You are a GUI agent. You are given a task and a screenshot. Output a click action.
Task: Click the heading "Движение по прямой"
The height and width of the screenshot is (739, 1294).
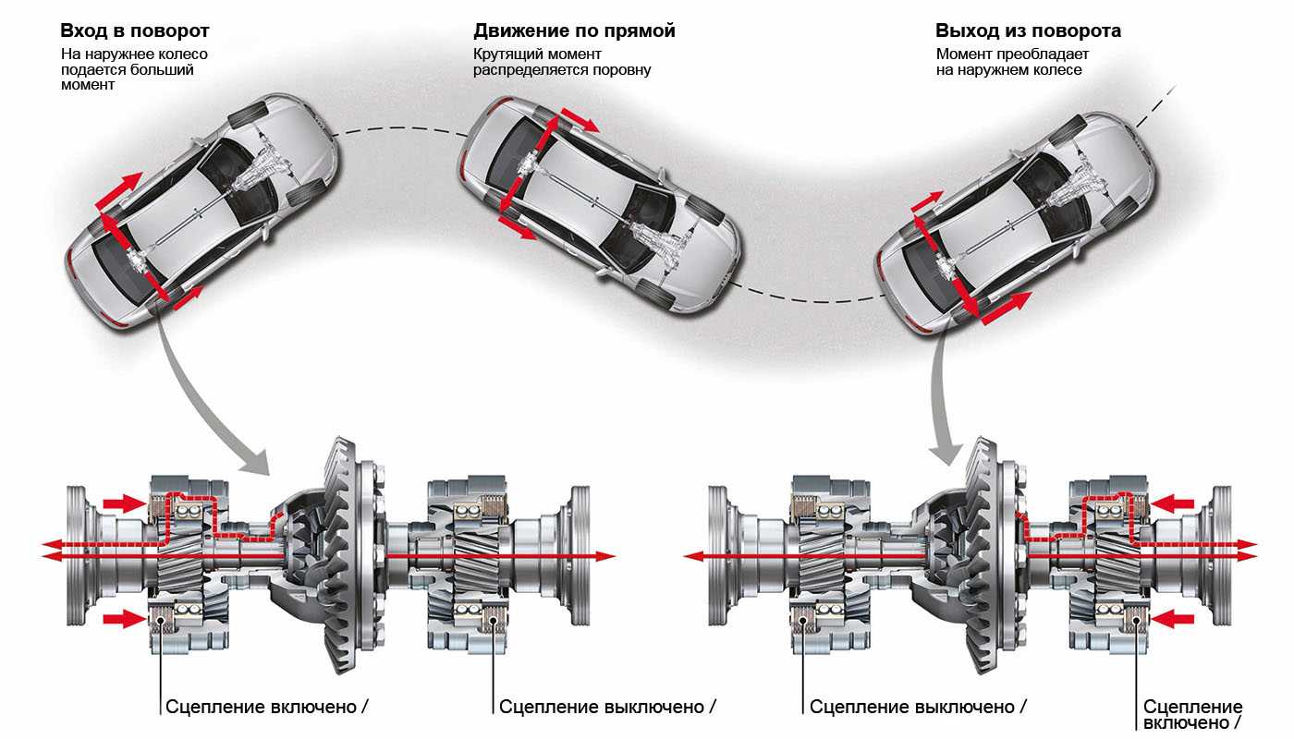[x=574, y=31]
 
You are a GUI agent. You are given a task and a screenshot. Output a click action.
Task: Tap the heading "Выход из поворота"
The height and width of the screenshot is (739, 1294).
[x=1028, y=31]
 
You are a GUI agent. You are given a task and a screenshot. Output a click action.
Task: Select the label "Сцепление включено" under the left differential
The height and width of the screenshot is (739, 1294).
[x=262, y=707]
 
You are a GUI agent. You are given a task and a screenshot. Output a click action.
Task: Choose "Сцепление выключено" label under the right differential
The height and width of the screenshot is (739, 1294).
[x=912, y=707]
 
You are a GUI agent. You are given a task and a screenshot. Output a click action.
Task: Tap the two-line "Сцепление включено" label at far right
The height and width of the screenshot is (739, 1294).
[x=1192, y=714]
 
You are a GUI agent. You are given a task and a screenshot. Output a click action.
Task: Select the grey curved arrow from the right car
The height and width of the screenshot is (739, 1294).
[x=940, y=397]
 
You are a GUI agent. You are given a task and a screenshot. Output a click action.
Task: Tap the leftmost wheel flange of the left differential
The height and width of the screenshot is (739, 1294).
[x=79, y=552]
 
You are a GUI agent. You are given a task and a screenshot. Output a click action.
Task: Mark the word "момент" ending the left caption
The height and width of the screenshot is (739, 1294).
[x=90, y=85]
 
